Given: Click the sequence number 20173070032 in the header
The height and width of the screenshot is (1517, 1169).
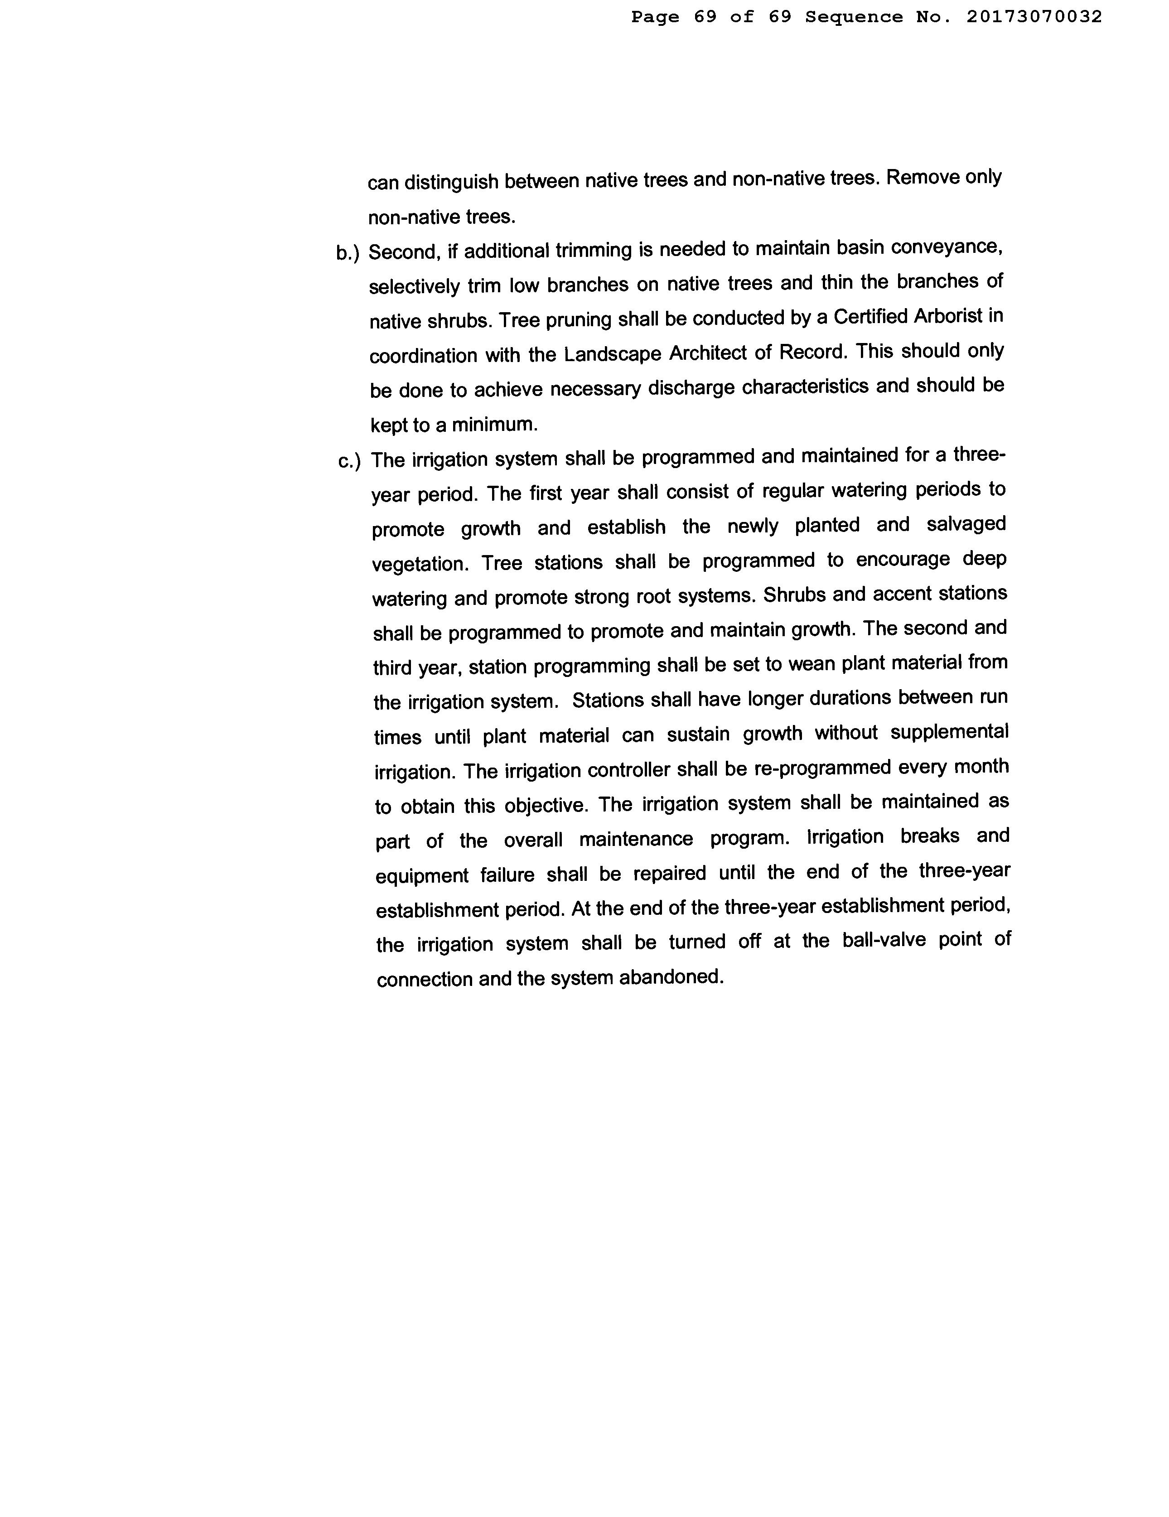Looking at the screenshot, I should pos(1034,17).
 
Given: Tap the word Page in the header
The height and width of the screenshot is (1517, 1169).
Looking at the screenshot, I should pos(655,17).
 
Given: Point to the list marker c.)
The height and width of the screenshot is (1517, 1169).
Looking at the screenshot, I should pos(349,461).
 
